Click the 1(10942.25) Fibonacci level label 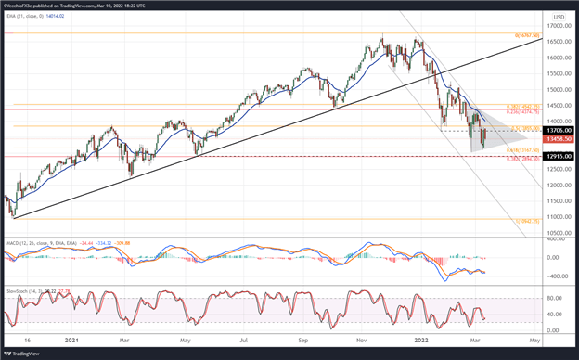(x=528, y=221)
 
